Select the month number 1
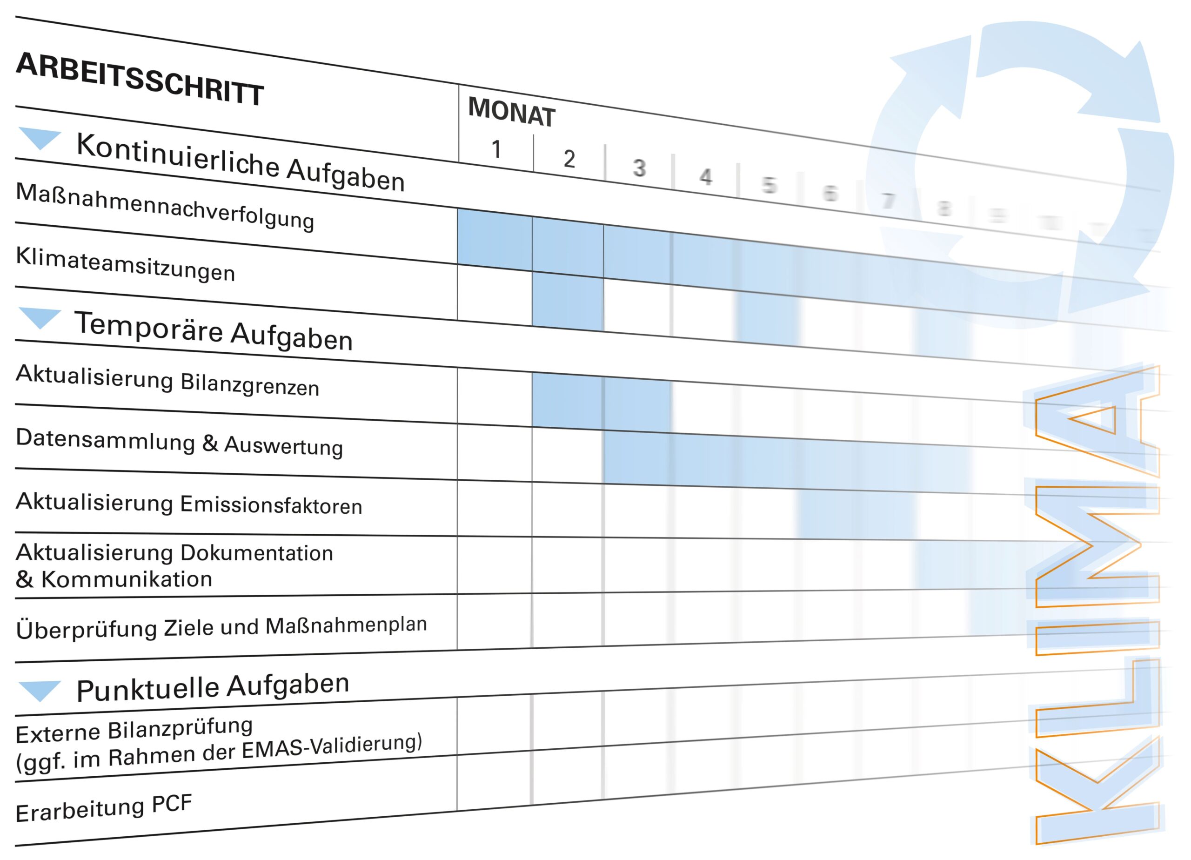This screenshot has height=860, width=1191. (x=496, y=149)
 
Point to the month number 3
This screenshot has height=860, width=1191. (x=639, y=168)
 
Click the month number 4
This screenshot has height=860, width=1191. (x=705, y=176)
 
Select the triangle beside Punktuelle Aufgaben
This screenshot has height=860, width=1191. (x=40, y=690)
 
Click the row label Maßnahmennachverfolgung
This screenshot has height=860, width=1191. (x=165, y=206)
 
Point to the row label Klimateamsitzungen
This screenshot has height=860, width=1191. (x=125, y=264)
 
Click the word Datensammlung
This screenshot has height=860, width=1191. (x=105, y=439)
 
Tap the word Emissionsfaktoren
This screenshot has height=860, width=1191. (x=271, y=505)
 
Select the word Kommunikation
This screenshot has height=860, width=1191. (x=127, y=579)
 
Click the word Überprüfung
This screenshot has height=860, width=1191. (x=87, y=629)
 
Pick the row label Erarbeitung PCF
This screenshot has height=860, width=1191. (x=103, y=808)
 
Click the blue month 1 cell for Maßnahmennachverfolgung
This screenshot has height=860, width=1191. (x=494, y=239)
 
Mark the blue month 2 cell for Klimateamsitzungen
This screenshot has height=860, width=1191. (x=567, y=301)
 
